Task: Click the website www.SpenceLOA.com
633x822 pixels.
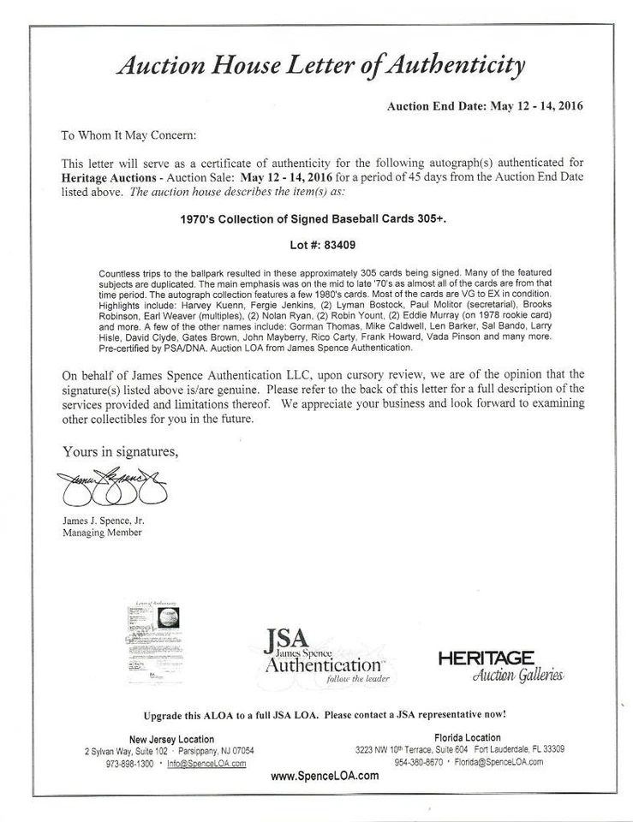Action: (x=325, y=776)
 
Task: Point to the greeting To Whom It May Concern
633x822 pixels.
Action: (x=129, y=135)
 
